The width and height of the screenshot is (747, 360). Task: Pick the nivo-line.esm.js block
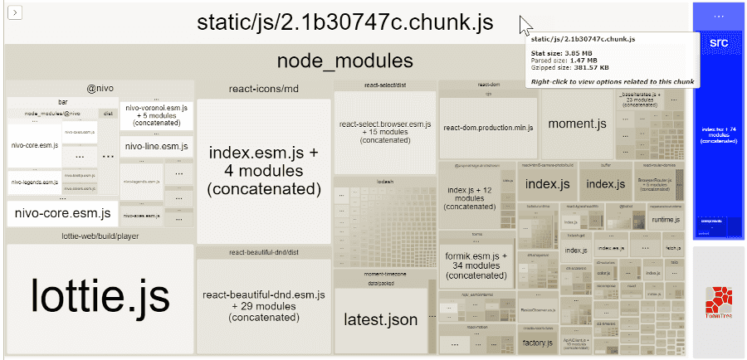(x=156, y=147)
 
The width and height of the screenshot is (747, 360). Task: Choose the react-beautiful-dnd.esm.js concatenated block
(x=263, y=305)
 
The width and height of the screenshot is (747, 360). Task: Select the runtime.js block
(x=665, y=220)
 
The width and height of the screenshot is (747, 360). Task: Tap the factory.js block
(x=538, y=342)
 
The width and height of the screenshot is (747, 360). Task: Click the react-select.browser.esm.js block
(x=384, y=132)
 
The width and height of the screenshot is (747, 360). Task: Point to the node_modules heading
(x=344, y=61)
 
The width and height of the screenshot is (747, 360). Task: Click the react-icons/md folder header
(x=263, y=89)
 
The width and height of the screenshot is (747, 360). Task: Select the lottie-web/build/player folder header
(x=100, y=236)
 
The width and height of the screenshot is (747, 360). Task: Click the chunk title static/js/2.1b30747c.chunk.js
(x=344, y=22)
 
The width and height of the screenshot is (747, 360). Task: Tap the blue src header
(x=718, y=41)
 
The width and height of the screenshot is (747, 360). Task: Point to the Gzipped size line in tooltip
(x=570, y=67)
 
